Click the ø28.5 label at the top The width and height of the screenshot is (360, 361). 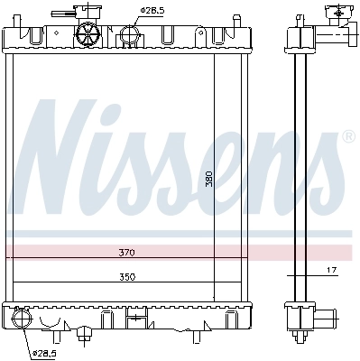pos(151,10)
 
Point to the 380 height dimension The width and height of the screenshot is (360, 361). pos(208,180)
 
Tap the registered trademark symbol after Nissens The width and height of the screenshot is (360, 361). pos(348,137)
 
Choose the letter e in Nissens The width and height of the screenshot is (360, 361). pos(248,171)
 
